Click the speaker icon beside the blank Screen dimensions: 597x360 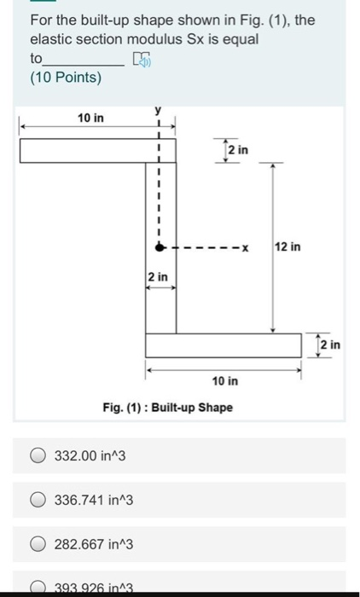point(141,59)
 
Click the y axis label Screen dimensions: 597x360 point(158,111)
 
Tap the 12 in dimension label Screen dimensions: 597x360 point(288,247)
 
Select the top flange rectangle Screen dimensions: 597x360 point(97,150)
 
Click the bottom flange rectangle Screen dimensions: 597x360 point(224,345)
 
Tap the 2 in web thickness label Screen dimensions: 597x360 point(158,277)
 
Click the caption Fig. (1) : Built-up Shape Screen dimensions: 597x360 point(167,408)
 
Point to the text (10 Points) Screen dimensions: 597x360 point(65,78)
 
